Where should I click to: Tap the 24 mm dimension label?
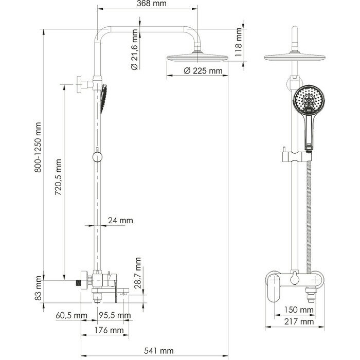[120, 221]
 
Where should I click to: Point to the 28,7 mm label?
[138, 277]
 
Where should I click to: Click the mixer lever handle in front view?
[275, 285]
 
